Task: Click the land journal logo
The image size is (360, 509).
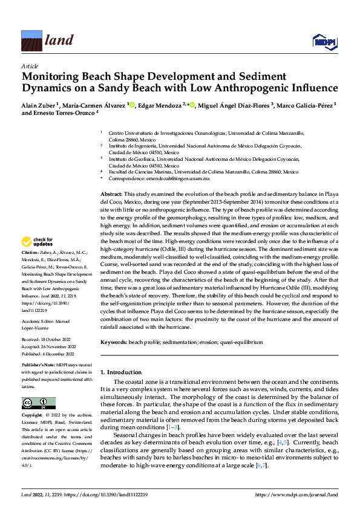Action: click(48, 41)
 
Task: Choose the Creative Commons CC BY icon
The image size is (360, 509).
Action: click(38, 403)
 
